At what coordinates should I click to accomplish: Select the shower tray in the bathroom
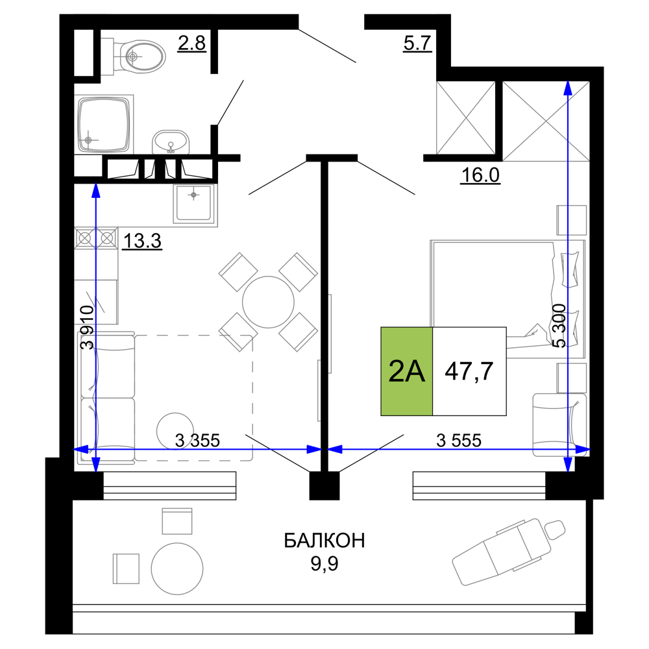pos(104,124)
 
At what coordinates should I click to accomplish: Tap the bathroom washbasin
pos(171,142)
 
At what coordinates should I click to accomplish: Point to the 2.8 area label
pos(191,43)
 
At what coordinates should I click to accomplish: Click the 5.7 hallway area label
pos(417,43)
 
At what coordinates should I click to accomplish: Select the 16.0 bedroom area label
pos(480,175)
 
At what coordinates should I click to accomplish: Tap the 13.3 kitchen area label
pos(142,241)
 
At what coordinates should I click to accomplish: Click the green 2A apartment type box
pos(406,371)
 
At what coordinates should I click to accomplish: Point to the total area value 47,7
pos(469,371)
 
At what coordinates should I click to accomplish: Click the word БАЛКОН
pos(324,541)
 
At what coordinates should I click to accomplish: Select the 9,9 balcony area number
pos(324,563)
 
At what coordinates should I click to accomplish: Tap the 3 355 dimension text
pos(197,441)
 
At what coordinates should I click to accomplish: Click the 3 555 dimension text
pos(459,441)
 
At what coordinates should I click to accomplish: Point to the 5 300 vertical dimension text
pos(559,326)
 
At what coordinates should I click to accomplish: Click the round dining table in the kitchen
pos(268,302)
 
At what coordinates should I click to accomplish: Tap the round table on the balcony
pos(177,569)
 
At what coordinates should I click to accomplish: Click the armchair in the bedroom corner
pos(559,425)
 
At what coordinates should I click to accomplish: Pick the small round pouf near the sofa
pos(175,431)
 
